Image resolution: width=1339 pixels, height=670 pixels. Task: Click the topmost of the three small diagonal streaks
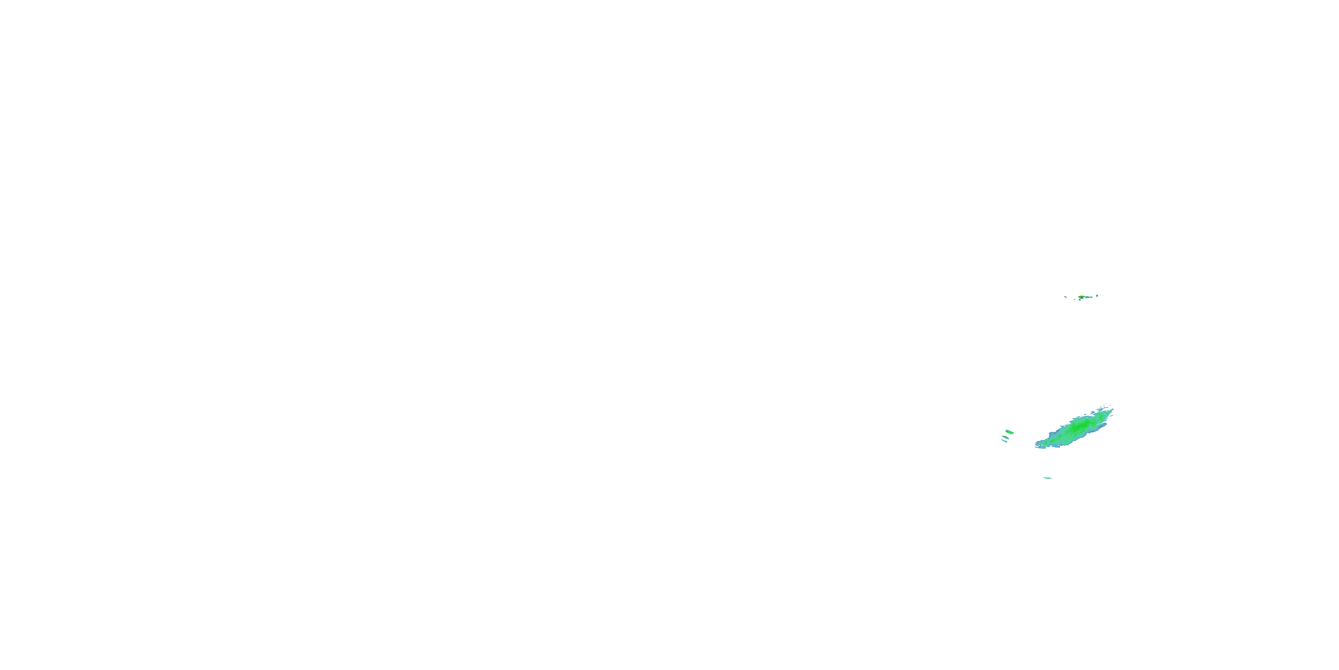pyautogui.click(x=1010, y=432)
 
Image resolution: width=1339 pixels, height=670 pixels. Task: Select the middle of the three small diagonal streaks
pyautogui.click(x=1006, y=437)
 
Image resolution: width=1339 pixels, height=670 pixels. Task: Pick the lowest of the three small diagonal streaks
pyautogui.click(x=1004, y=441)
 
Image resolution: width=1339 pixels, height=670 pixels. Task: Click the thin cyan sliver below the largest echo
pyautogui.click(x=1048, y=478)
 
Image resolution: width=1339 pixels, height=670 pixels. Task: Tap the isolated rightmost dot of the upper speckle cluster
pyautogui.click(x=1097, y=296)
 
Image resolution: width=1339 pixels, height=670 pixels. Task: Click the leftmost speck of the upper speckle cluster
pyautogui.click(x=1065, y=297)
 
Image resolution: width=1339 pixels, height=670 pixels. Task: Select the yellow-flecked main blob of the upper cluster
pyautogui.click(x=1082, y=297)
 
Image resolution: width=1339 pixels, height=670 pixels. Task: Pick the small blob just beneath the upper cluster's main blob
pyautogui.click(x=1080, y=300)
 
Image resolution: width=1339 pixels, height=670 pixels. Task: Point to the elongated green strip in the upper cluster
pyautogui.click(x=1090, y=297)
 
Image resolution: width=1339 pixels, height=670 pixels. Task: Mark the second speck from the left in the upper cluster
pyautogui.click(x=1074, y=299)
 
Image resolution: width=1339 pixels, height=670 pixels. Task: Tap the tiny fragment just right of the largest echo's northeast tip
pyautogui.click(x=1112, y=416)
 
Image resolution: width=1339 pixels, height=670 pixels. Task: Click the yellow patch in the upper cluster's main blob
pyautogui.click(x=1081, y=297)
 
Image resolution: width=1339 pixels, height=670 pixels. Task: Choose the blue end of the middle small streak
pyautogui.click(x=1008, y=438)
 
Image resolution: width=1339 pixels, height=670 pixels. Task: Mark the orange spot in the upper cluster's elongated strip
pyautogui.click(x=1087, y=297)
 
